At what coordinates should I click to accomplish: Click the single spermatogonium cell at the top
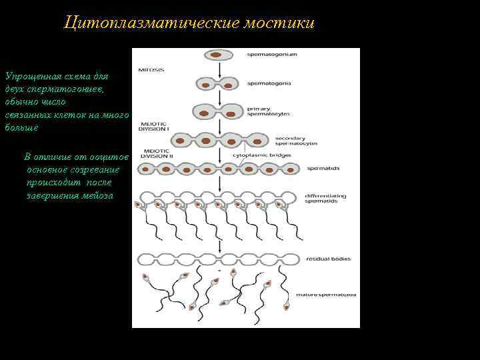tap(218, 55)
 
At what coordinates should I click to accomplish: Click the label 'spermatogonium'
tap(271, 54)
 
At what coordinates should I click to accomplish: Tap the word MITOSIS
tap(151, 69)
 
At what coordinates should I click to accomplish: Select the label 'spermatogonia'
tap(268, 83)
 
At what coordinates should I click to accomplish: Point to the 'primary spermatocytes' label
tap(268, 111)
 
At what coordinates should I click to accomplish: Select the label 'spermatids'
tap(318, 169)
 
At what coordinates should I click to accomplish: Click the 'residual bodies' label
tap(328, 259)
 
